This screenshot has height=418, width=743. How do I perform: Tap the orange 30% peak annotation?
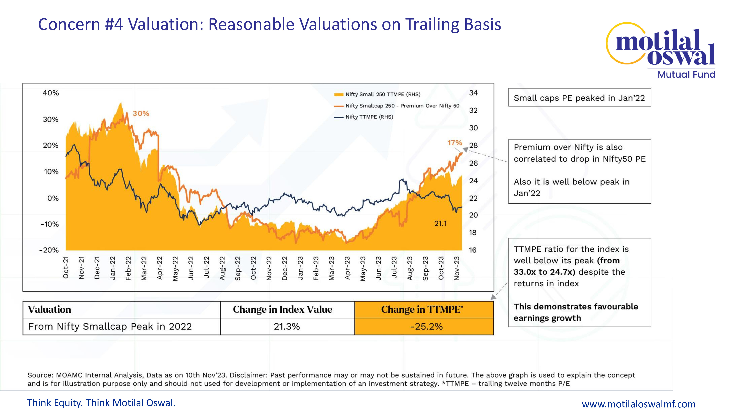[x=141, y=113]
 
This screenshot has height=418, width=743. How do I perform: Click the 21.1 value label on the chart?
[x=440, y=223]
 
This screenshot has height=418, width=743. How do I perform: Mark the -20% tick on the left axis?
[x=49, y=250]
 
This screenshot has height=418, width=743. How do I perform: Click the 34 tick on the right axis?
[x=473, y=93]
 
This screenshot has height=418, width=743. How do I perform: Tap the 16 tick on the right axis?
[x=472, y=250]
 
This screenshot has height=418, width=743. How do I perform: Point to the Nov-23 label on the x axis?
[x=457, y=268]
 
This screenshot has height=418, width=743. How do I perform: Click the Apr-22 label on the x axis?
[x=160, y=268]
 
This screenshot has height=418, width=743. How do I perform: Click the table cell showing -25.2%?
[x=426, y=327]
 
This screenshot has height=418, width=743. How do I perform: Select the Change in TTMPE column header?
[x=422, y=310]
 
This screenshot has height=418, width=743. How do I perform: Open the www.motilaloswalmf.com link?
[x=639, y=404]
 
